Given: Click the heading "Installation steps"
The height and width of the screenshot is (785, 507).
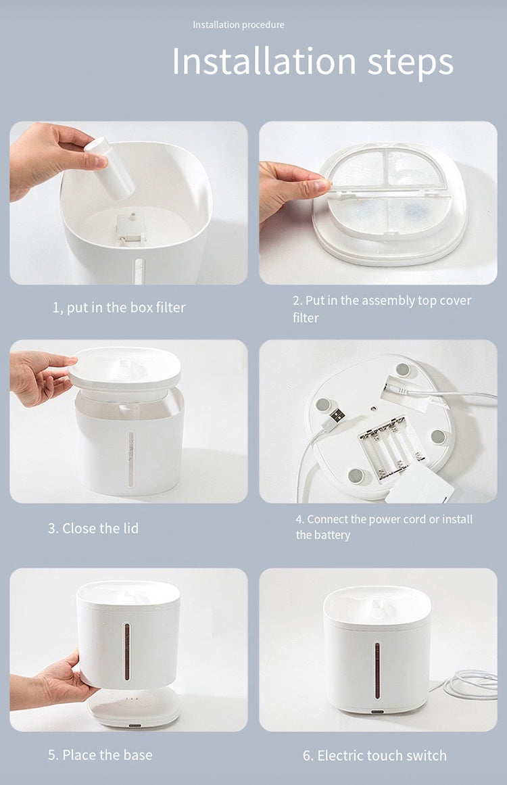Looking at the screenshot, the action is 313,61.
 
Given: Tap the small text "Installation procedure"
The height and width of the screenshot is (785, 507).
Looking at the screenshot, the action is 238,24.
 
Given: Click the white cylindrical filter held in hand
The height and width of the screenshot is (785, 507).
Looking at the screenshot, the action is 110,169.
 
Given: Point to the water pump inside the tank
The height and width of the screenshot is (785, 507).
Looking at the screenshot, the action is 130,229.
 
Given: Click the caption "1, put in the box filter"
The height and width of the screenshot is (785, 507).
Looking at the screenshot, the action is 119,308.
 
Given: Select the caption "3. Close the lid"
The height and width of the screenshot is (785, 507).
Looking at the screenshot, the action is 93,528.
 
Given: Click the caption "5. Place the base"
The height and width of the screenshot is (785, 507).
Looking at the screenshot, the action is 100,755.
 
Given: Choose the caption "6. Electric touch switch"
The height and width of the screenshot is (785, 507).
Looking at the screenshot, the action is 375,755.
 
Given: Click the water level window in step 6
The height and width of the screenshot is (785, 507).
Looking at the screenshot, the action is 377,670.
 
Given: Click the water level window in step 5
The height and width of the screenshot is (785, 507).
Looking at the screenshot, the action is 127,651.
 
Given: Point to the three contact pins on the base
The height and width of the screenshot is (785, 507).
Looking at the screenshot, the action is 131,698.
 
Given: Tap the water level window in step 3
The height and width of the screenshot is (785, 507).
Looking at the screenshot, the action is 131,459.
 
